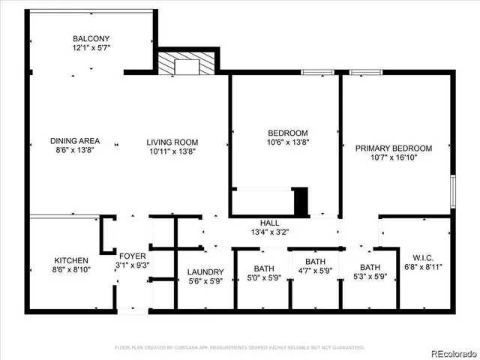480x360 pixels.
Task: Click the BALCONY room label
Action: (x=91, y=39)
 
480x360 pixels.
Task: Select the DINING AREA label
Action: (x=74, y=141)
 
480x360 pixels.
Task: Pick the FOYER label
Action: (x=133, y=255)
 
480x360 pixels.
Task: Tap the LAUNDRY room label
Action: (x=205, y=272)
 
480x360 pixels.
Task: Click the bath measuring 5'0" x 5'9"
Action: (x=263, y=273)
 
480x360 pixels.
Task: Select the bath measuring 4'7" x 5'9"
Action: (x=314, y=273)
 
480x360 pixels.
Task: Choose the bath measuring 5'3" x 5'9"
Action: (x=370, y=273)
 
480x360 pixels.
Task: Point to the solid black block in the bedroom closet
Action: (x=300, y=201)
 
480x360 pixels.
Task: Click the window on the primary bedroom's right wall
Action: (x=453, y=190)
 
